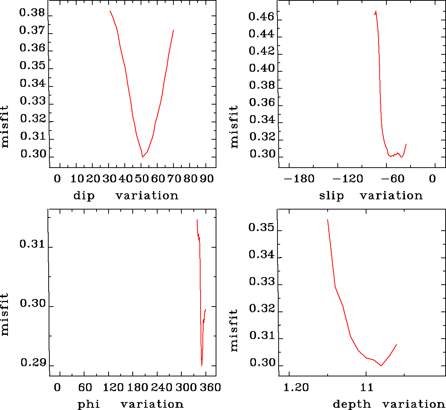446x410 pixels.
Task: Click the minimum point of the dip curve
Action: pyautogui.click(x=143, y=157)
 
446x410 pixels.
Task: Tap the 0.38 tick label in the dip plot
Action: pyautogui.click(x=32, y=14)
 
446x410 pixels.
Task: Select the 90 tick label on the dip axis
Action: pyautogui.click(x=207, y=178)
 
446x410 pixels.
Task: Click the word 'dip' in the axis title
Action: pyautogui.click(x=84, y=196)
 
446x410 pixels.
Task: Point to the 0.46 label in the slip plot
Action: pyautogui.click(x=261, y=16)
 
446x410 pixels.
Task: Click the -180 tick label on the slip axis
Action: pyautogui.click(x=299, y=178)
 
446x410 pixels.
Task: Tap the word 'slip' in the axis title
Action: pyautogui.click(x=331, y=196)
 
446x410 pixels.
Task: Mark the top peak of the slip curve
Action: pyautogui.click(x=376, y=11)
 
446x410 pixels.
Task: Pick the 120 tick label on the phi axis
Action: pyautogui.click(x=113, y=387)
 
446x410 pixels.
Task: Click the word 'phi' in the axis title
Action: pyautogui.click(x=89, y=404)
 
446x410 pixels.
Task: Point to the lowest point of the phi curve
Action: pyautogui.click(x=202, y=365)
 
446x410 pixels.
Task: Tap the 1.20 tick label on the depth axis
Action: pyautogui.click(x=296, y=387)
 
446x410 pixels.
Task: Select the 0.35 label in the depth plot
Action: pyautogui.click(x=261, y=228)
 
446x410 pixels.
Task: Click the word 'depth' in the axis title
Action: pyautogui.click(x=352, y=404)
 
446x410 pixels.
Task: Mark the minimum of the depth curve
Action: pyautogui.click(x=382, y=365)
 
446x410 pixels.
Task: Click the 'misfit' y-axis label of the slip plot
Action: pyautogui.click(x=234, y=126)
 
